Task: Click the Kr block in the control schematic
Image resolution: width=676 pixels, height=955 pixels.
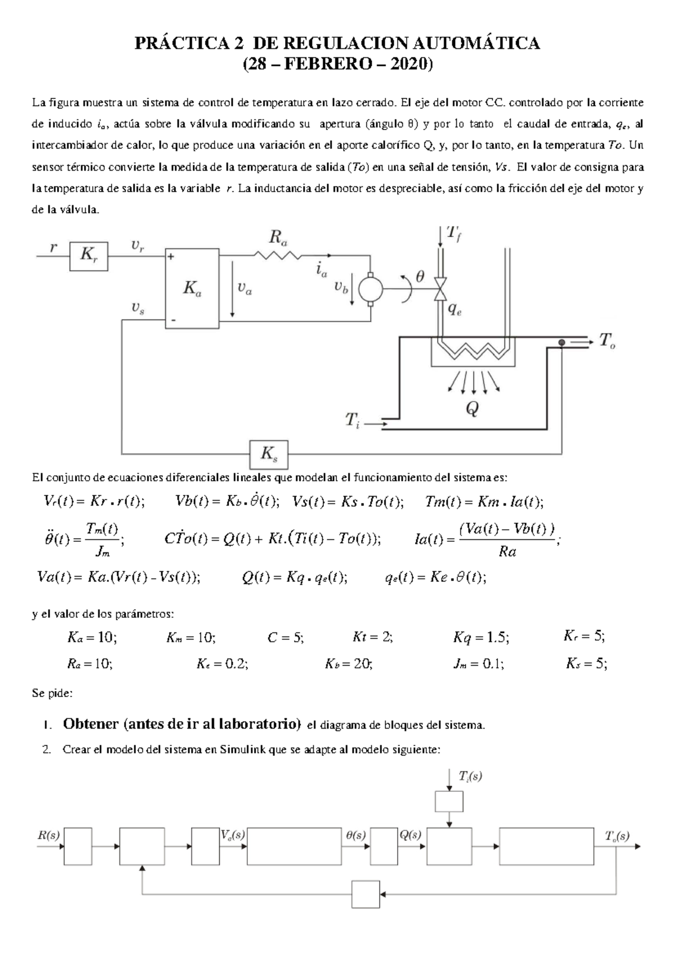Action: click(88, 256)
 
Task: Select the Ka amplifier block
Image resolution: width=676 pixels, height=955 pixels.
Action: click(192, 288)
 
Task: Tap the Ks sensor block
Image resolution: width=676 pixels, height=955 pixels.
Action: click(269, 454)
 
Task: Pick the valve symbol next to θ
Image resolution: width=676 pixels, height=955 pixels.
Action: click(441, 290)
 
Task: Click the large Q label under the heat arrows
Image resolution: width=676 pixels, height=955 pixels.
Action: click(472, 408)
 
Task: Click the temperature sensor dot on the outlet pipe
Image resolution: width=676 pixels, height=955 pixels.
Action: click(562, 342)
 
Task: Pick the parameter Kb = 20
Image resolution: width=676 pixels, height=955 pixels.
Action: click(348, 664)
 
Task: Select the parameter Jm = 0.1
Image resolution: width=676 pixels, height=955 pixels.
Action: click(478, 664)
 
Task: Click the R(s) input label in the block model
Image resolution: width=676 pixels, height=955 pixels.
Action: click(48, 836)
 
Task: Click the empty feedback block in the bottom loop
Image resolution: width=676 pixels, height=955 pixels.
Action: click(366, 894)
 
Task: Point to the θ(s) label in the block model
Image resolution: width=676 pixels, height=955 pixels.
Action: click(355, 836)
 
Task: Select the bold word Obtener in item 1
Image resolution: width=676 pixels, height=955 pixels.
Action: click(91, 724)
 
